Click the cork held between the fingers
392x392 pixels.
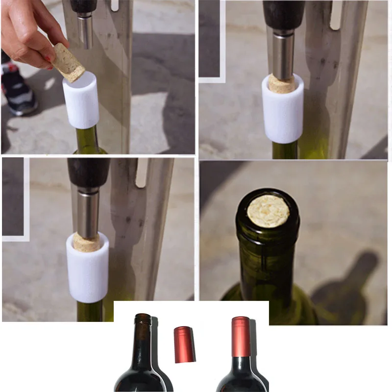point(69,62)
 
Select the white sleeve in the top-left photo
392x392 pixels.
point(81,100)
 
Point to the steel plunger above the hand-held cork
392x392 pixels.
point(85,29)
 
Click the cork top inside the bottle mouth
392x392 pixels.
point(268,211)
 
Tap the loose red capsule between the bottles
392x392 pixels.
point(183,344)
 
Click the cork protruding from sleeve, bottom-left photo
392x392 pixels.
point(86,243)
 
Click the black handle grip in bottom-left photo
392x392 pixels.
point(89,172)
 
